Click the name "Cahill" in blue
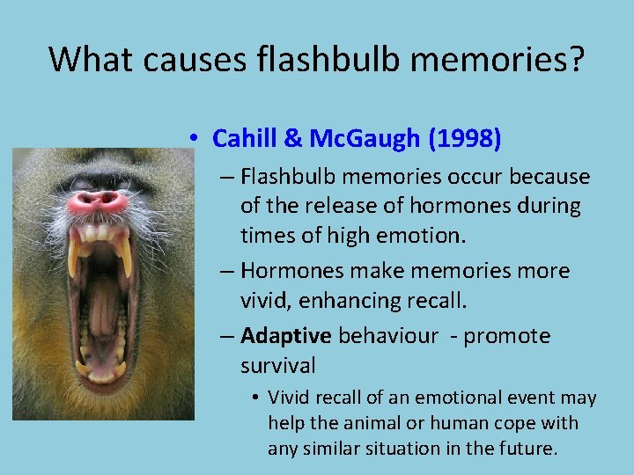point(246,138)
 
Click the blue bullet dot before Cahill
point(192,139)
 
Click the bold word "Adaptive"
point(286,335)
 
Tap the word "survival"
point(277,365)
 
